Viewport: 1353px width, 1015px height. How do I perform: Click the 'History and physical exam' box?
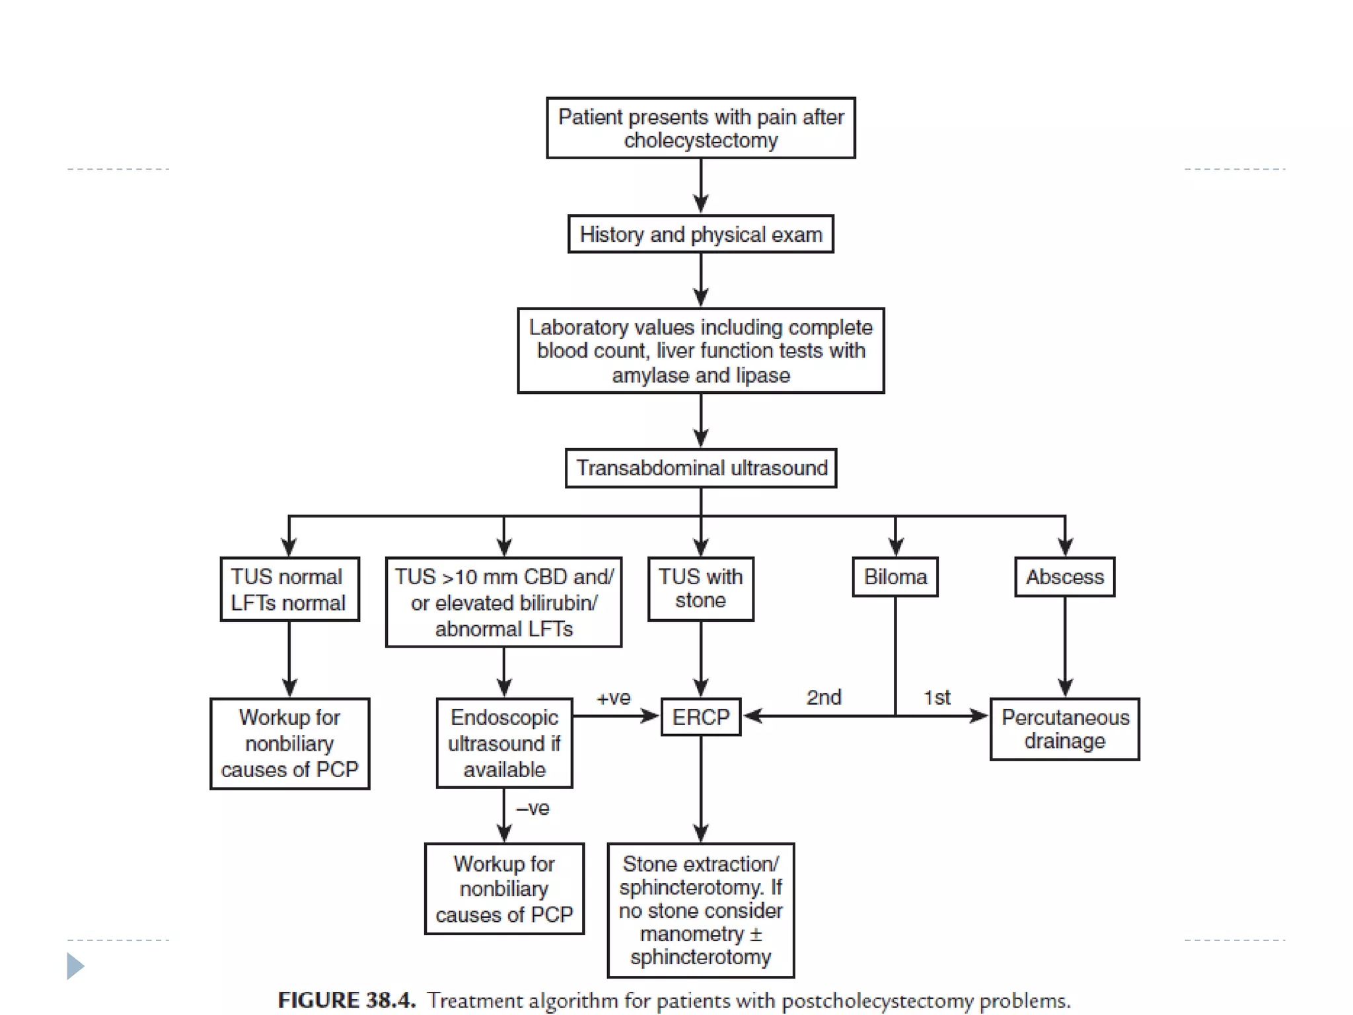[x=701, y=234]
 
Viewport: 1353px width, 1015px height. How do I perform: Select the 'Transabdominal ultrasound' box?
[x=701, y=468]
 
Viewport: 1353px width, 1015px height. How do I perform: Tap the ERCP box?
[x=701, y=717]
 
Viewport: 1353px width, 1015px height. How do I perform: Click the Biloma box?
[x=895, y=577]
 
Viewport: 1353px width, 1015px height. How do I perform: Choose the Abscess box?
[x=1065, y=577]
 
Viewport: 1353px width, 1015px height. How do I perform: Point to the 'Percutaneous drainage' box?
[x=1065, y=729]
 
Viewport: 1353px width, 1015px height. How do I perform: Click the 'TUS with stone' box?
[x=701, y=589]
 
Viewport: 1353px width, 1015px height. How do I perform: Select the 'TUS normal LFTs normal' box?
[x=289, y=589]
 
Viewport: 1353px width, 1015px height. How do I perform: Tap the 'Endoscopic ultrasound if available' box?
[x=504, y=743]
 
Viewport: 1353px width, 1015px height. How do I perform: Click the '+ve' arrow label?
[x=614, y=698]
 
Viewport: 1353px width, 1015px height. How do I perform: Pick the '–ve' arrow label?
[x=532, y=808]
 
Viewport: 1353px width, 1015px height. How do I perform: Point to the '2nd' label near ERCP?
[x=824, y=697]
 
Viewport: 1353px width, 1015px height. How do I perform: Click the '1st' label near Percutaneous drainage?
[x=937, y=697]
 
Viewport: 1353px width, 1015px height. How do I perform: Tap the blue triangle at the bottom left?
[x=75, y=966]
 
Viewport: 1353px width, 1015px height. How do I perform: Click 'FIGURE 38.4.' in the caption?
[x=347, y=1000]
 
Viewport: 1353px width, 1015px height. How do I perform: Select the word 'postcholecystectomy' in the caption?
[x=878, y=1001]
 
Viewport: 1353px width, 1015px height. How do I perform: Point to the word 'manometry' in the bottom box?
[x=692, y=934]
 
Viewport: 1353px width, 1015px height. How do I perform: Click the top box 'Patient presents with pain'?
[x=701, y=128]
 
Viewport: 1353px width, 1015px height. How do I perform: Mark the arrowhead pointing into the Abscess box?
[x=1065, y=547]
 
